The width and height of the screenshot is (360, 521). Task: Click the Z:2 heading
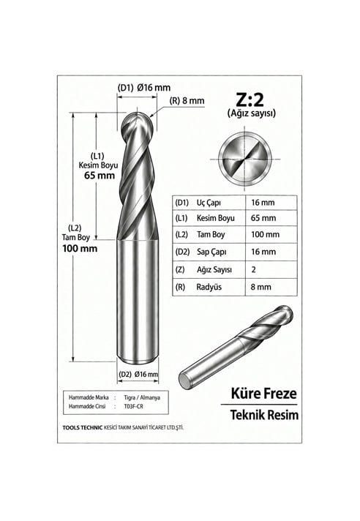coord(250,99)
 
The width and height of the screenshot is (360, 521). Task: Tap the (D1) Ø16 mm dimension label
coord(144,88)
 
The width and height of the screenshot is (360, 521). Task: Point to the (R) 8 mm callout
coord(187,101)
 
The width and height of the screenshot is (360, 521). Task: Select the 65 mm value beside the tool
coord(100,176)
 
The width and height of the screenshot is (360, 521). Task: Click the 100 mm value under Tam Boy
coord(80,248)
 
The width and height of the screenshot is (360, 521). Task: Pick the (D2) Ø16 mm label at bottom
coord(138,374)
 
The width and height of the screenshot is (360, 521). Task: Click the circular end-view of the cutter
coord(245,160)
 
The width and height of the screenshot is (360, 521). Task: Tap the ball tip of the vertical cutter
coord(138,123)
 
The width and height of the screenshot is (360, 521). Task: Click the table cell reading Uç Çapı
coord(209,203)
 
